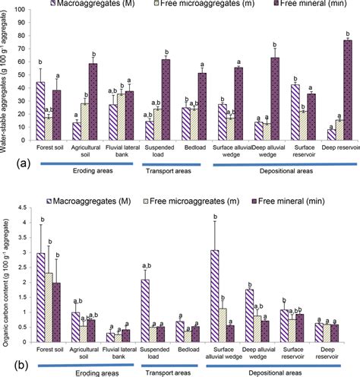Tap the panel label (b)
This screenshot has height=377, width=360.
11,364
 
